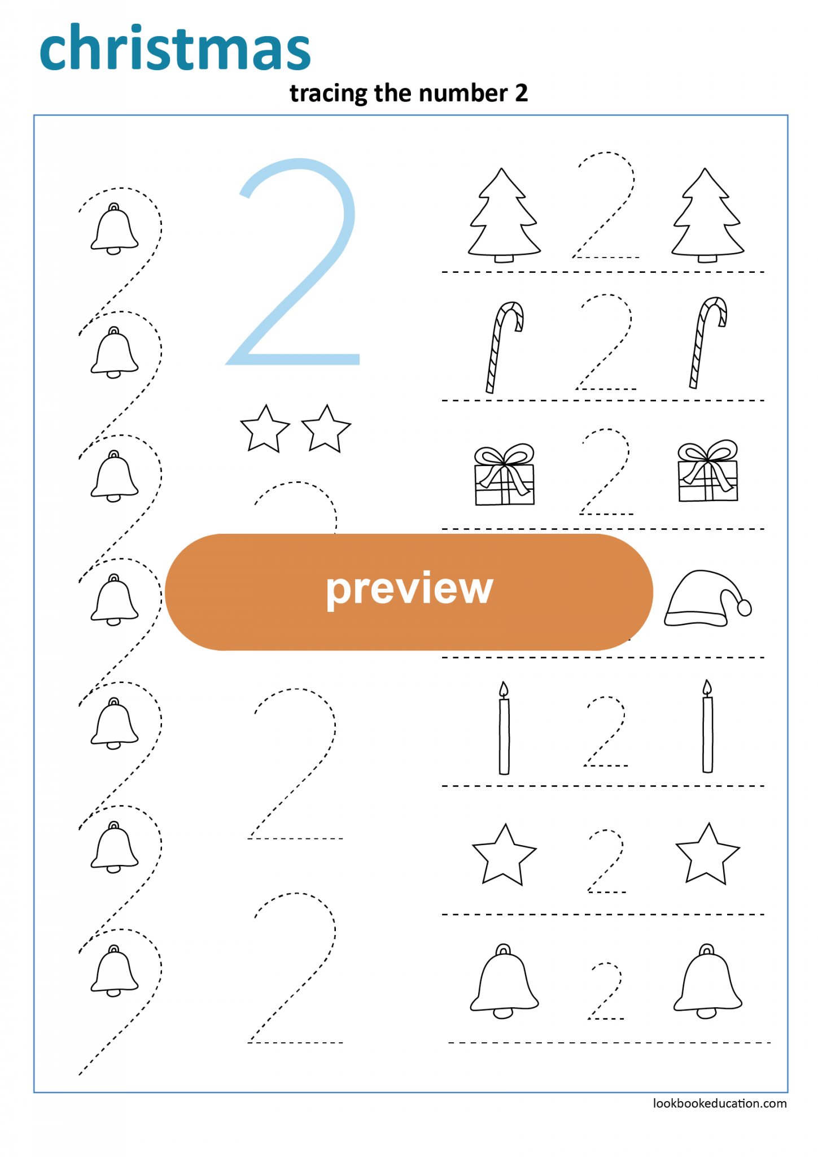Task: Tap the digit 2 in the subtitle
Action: pos(521,93)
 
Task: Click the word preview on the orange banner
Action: pos(409,589)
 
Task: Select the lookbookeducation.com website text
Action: pos(719,1103)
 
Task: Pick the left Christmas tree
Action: pos(503,218)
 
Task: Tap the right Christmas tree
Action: pos(706,218)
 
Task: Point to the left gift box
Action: pos(504,477)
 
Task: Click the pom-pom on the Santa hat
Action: pos(745,608)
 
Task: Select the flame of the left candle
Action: pos(504,689)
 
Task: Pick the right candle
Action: pos(707,732)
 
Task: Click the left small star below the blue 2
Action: pos(265,429)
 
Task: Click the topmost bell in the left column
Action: pos(114,229)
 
